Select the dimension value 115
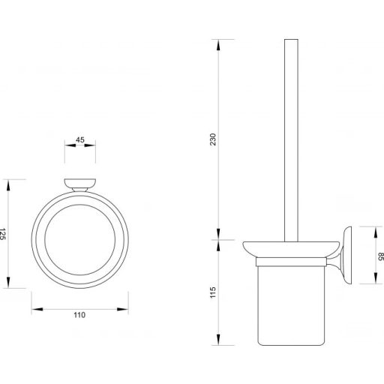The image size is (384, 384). pos(211,291)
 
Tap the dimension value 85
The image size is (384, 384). pos(380,256)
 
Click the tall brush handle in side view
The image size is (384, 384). pos(287,135)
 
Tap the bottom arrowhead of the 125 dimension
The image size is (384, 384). pos(10,285)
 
